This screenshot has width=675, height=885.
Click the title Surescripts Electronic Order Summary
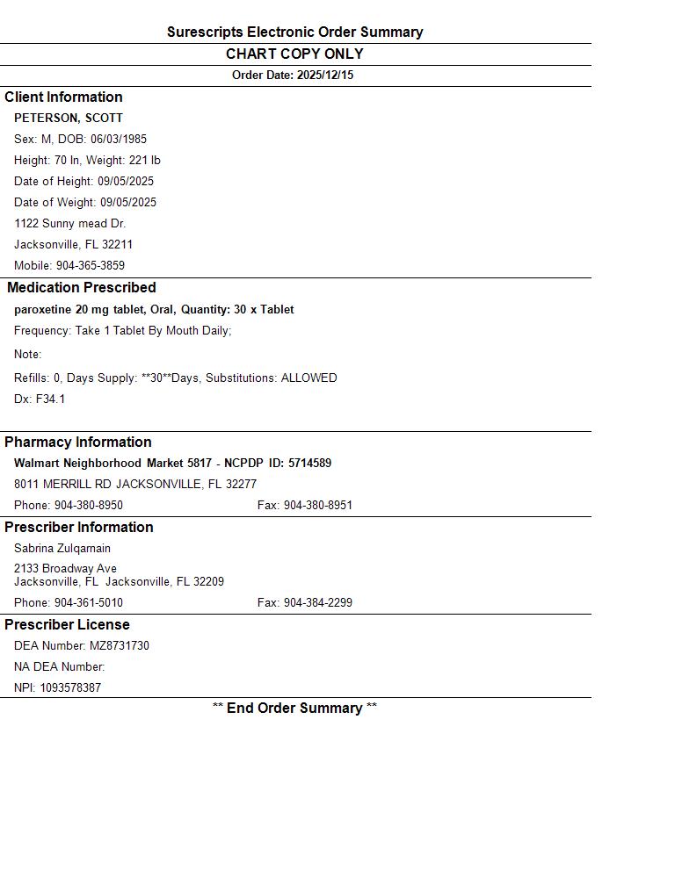[x=294, y=32]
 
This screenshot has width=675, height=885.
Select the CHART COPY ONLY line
[x=294, y=54]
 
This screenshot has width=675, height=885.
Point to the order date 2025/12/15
[x=325, y=76]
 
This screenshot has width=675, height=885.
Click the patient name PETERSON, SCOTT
[x=69, y=119]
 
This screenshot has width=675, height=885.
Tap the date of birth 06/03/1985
[x=119, y=140]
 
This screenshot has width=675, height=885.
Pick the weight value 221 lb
[x=142, y=161]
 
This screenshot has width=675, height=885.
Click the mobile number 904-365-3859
[x=91, y=266]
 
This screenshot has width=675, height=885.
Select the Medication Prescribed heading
[x=82, y=288]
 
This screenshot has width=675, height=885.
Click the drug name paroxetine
[x=43, y=310]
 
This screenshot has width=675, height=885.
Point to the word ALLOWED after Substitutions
[x=308, y=378]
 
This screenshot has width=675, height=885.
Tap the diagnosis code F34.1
[x=50, y=399]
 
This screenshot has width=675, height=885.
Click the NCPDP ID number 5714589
[x=309, y=464]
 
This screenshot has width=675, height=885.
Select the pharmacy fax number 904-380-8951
[x=317, y=506]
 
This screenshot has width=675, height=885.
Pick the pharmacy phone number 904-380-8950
[x=89, y=506]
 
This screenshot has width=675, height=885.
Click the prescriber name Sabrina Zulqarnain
[x=62, y=549]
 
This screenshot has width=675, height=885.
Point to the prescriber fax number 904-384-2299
[x=317, y=603]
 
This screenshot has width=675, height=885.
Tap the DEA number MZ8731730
[x=120, y=646]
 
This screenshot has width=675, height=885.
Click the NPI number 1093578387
[x=70, y=688]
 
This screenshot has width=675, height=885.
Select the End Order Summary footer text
[x=294, y=709]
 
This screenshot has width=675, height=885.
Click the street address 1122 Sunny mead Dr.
[x=70, y=224]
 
